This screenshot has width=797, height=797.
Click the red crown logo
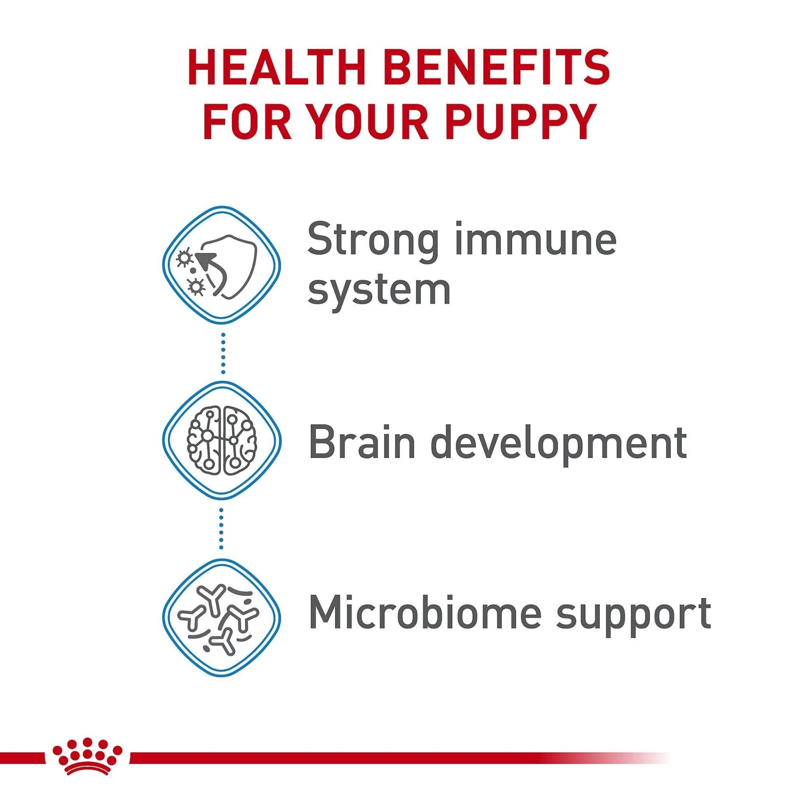[87, 745]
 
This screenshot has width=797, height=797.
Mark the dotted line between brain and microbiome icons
[221, 529]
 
